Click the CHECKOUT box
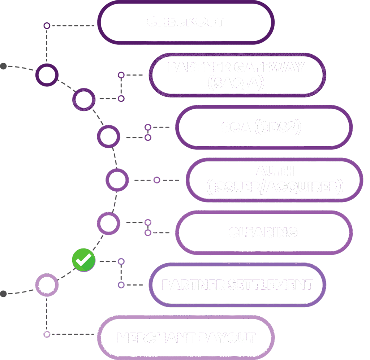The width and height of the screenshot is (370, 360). (185, 22)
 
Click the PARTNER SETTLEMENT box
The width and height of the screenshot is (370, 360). (237, 285)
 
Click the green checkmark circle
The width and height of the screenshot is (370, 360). (83, 260)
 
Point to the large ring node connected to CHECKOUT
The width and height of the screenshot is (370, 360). (47, 75)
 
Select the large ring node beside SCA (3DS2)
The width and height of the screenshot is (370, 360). (108, 136)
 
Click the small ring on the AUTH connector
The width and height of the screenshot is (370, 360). (156, 180)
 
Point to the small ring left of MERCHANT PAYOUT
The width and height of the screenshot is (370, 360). (47, 334)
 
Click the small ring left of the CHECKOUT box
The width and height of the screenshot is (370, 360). (47, 26)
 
